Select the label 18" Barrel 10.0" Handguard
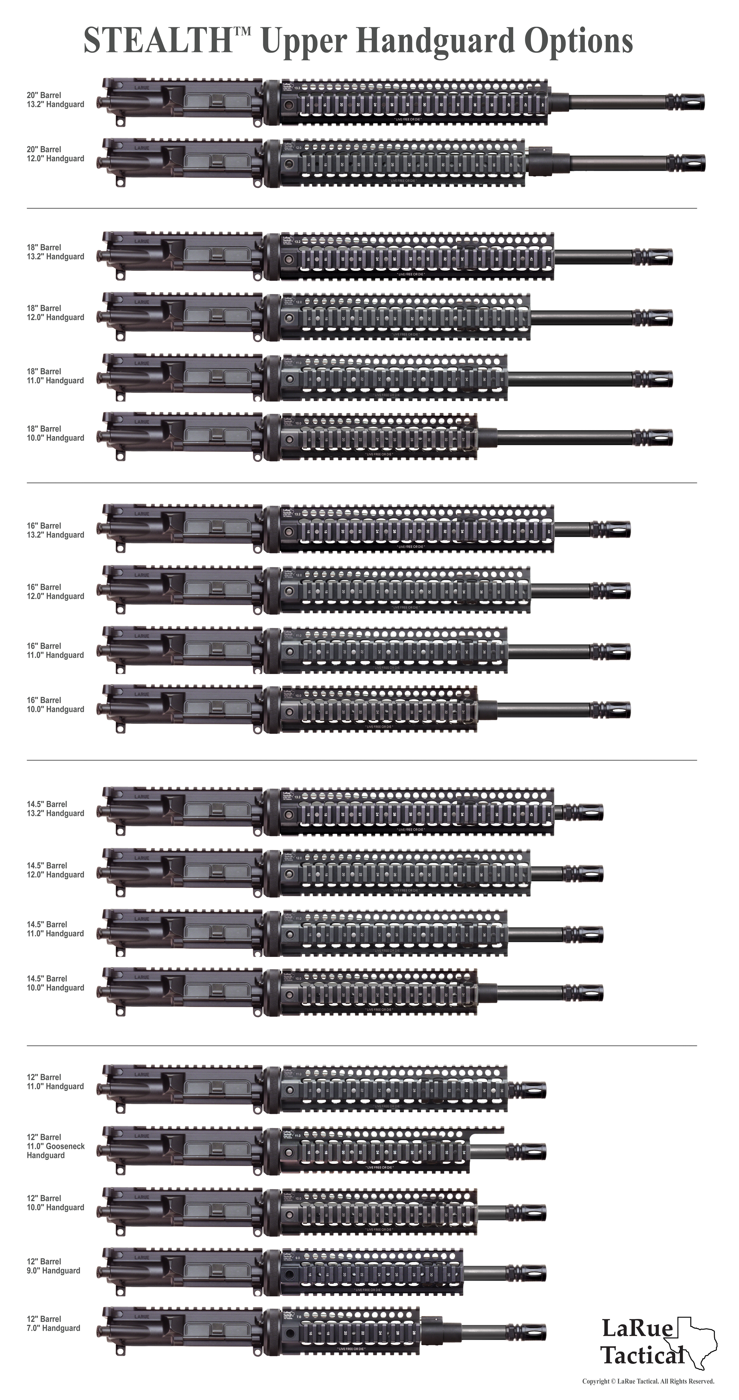(x=55, y=433)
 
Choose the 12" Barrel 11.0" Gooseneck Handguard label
(x=55, y=1146)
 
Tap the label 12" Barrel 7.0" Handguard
(x=53, y=1323)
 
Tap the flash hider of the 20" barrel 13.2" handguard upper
(x=691, y=101)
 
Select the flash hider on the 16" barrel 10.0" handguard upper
(x=617, y=709)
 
